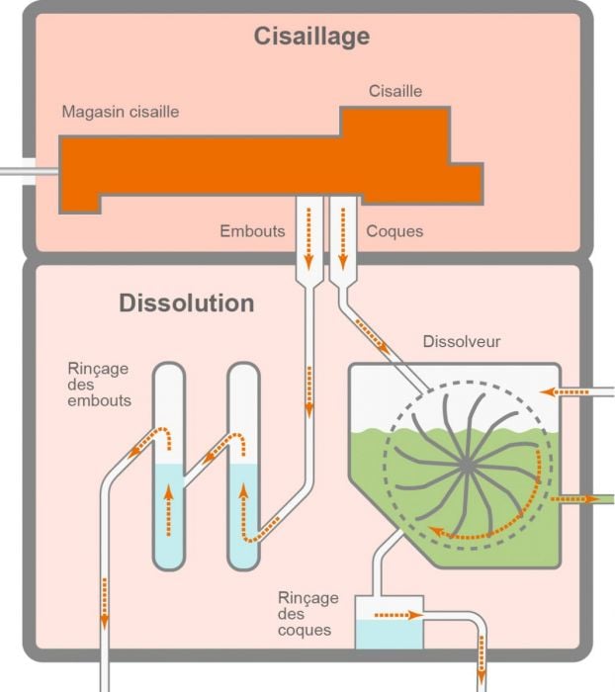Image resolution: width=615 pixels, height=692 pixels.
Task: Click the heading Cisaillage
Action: [311, 38]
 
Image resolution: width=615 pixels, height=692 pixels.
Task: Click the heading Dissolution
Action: [186, 303]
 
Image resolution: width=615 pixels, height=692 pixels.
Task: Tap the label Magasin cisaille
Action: [120, 112]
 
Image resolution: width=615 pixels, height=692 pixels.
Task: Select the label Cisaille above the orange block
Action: [395, 91]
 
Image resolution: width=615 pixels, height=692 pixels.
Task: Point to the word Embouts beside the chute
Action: [252, 231]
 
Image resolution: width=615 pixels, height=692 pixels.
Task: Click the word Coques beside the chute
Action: [395, 231]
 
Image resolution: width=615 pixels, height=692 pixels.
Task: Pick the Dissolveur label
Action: [461, 342]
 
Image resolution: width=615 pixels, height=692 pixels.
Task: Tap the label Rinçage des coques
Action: [308, 613]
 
